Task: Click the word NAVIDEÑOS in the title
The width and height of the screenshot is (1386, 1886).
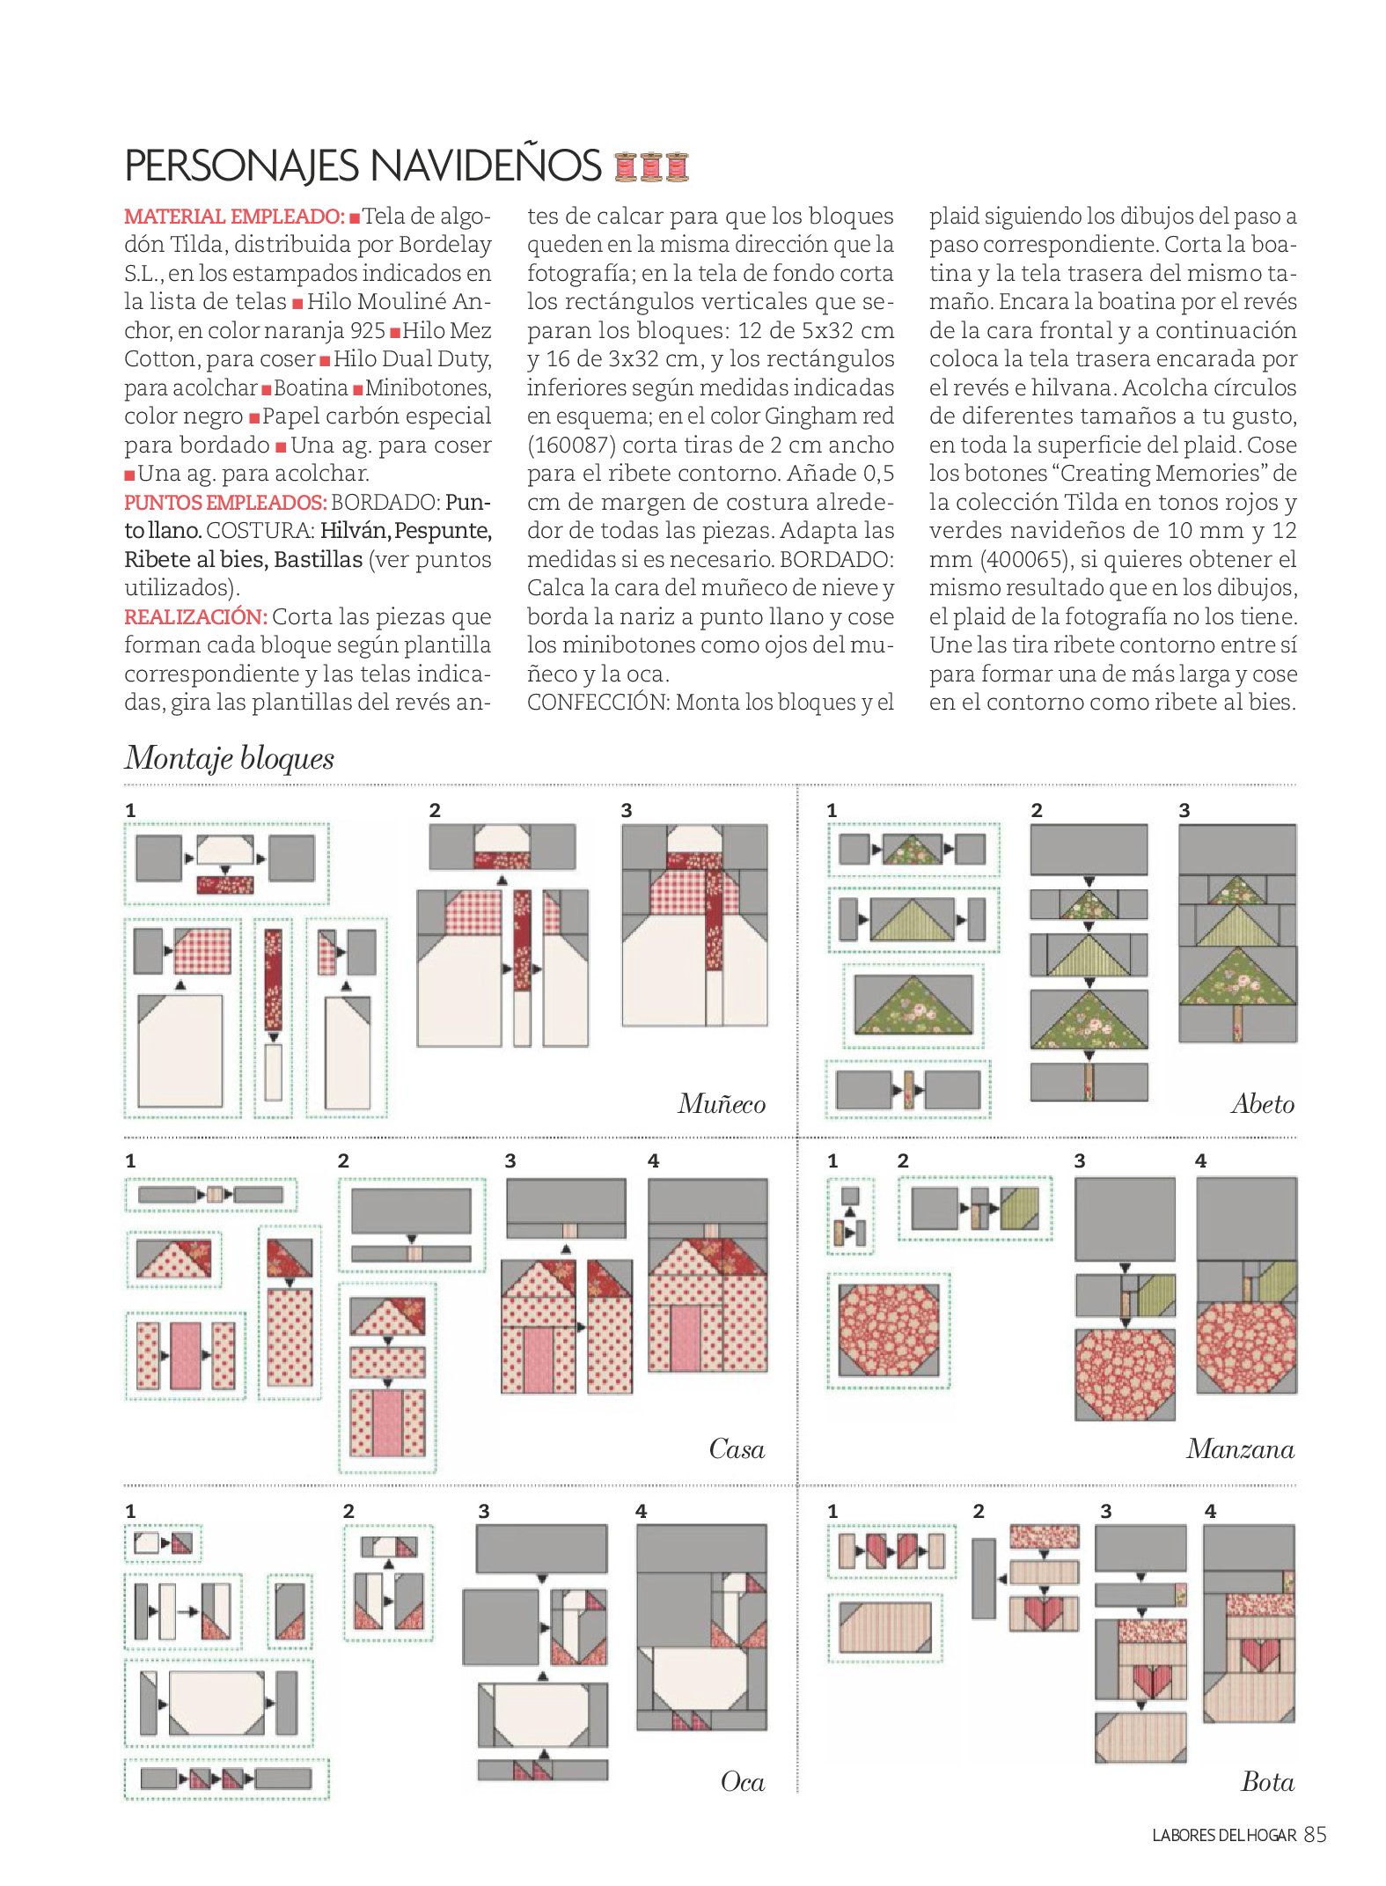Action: tap(485, 166)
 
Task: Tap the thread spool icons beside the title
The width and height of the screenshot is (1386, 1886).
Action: tap(651, 166)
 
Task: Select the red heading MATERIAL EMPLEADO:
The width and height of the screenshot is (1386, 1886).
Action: tap(234, 217)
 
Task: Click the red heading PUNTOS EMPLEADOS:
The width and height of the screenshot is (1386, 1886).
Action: tap(225, 503)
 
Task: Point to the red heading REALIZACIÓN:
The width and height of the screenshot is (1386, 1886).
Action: tap(195, 617)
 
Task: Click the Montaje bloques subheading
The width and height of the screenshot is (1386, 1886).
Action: tap(230, 758)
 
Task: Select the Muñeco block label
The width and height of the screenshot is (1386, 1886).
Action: tap(722, 1103)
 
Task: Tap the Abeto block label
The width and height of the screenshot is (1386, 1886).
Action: tap(1263, 1103)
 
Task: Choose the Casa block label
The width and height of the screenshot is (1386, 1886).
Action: tap(737, 1448)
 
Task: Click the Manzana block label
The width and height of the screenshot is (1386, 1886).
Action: tap(1240, 1448)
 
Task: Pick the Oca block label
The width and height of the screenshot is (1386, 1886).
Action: tap(743, 1781)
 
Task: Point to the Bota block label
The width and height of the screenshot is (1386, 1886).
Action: tap(1267, 1781)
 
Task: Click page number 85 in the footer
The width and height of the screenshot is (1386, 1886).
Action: tap(1315, 1835)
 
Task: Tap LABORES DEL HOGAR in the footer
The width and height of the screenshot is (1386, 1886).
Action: tap(1224, 1836)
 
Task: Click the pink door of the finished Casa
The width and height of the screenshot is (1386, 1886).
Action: tap(686, 1337)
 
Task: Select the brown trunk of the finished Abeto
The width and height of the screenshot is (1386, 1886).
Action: tap(1238, 1021)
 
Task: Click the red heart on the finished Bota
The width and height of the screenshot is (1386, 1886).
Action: tap(1259, 1655)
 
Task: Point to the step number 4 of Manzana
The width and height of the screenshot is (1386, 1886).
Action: tap(1201, 1160)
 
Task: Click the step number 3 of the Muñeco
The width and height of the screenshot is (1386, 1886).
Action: tap(627, 810)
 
